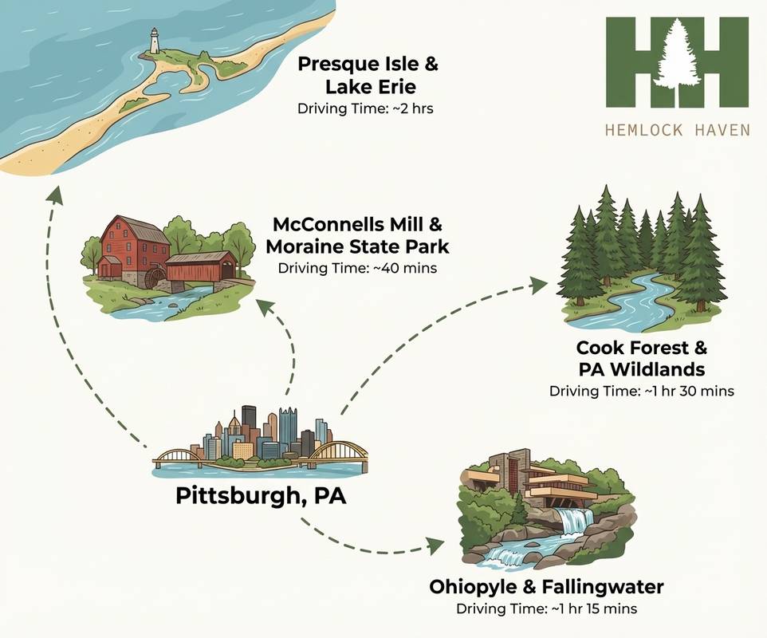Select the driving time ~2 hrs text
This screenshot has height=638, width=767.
pyautogui.click(x=365, y=108)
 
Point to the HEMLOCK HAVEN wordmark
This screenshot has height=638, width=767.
pyautogui.click(x=678, y=129)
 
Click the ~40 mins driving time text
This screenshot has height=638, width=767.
pyautogui.click(x=357, y=268)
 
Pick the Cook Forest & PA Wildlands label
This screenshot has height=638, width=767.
pyautogui.click(x=641, y=359)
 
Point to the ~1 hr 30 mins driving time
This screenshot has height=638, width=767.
pyautogui.click(x=641, y=392)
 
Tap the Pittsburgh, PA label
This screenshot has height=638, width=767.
pyautogui.click(x=261, y=497)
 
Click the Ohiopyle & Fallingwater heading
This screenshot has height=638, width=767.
pyautogui.click(x=546, y=588)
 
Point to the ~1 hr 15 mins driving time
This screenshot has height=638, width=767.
pyautogui.click(x=546, y=609)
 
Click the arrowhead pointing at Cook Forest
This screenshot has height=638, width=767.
pyautogui.click(x=540, y=285)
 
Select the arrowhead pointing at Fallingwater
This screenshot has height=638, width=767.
pyautogui.click(x=435, y=545)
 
